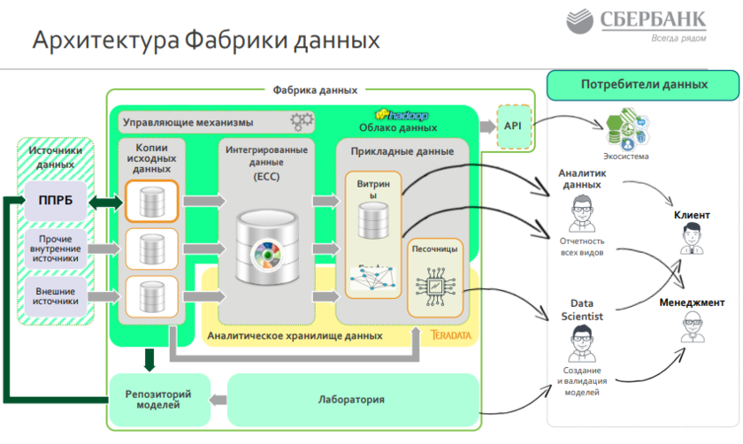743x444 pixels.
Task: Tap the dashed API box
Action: point(513,126)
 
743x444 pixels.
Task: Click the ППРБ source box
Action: point(56,200)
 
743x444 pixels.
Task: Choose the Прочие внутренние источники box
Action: point(56,248)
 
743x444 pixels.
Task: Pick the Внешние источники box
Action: point(56,295)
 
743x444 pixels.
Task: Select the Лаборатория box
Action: point(352,400)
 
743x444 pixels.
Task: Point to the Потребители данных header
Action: point(643,85)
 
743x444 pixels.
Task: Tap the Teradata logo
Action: point(453,336)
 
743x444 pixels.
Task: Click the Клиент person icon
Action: point(691,240)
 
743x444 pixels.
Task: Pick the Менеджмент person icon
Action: point(692,328)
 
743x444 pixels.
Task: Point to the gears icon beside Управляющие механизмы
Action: point(302,121)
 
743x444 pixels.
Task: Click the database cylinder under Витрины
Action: point(372,220)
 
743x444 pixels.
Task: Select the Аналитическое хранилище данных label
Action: point(295,336)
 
